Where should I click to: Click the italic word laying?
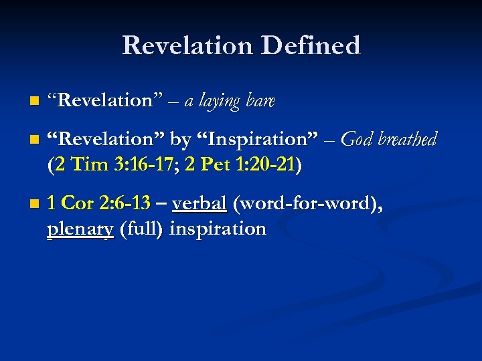tap(222, 102)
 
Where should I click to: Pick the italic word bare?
tap(262, 102)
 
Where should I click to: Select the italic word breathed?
tap(409, 140)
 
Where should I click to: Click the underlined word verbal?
tap(199, 204)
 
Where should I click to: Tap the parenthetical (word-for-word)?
tap(307, 204)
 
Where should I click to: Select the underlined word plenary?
tap(80, 229)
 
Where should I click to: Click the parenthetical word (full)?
tap(141, 229)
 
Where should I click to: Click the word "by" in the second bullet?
tap(180, 140)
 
